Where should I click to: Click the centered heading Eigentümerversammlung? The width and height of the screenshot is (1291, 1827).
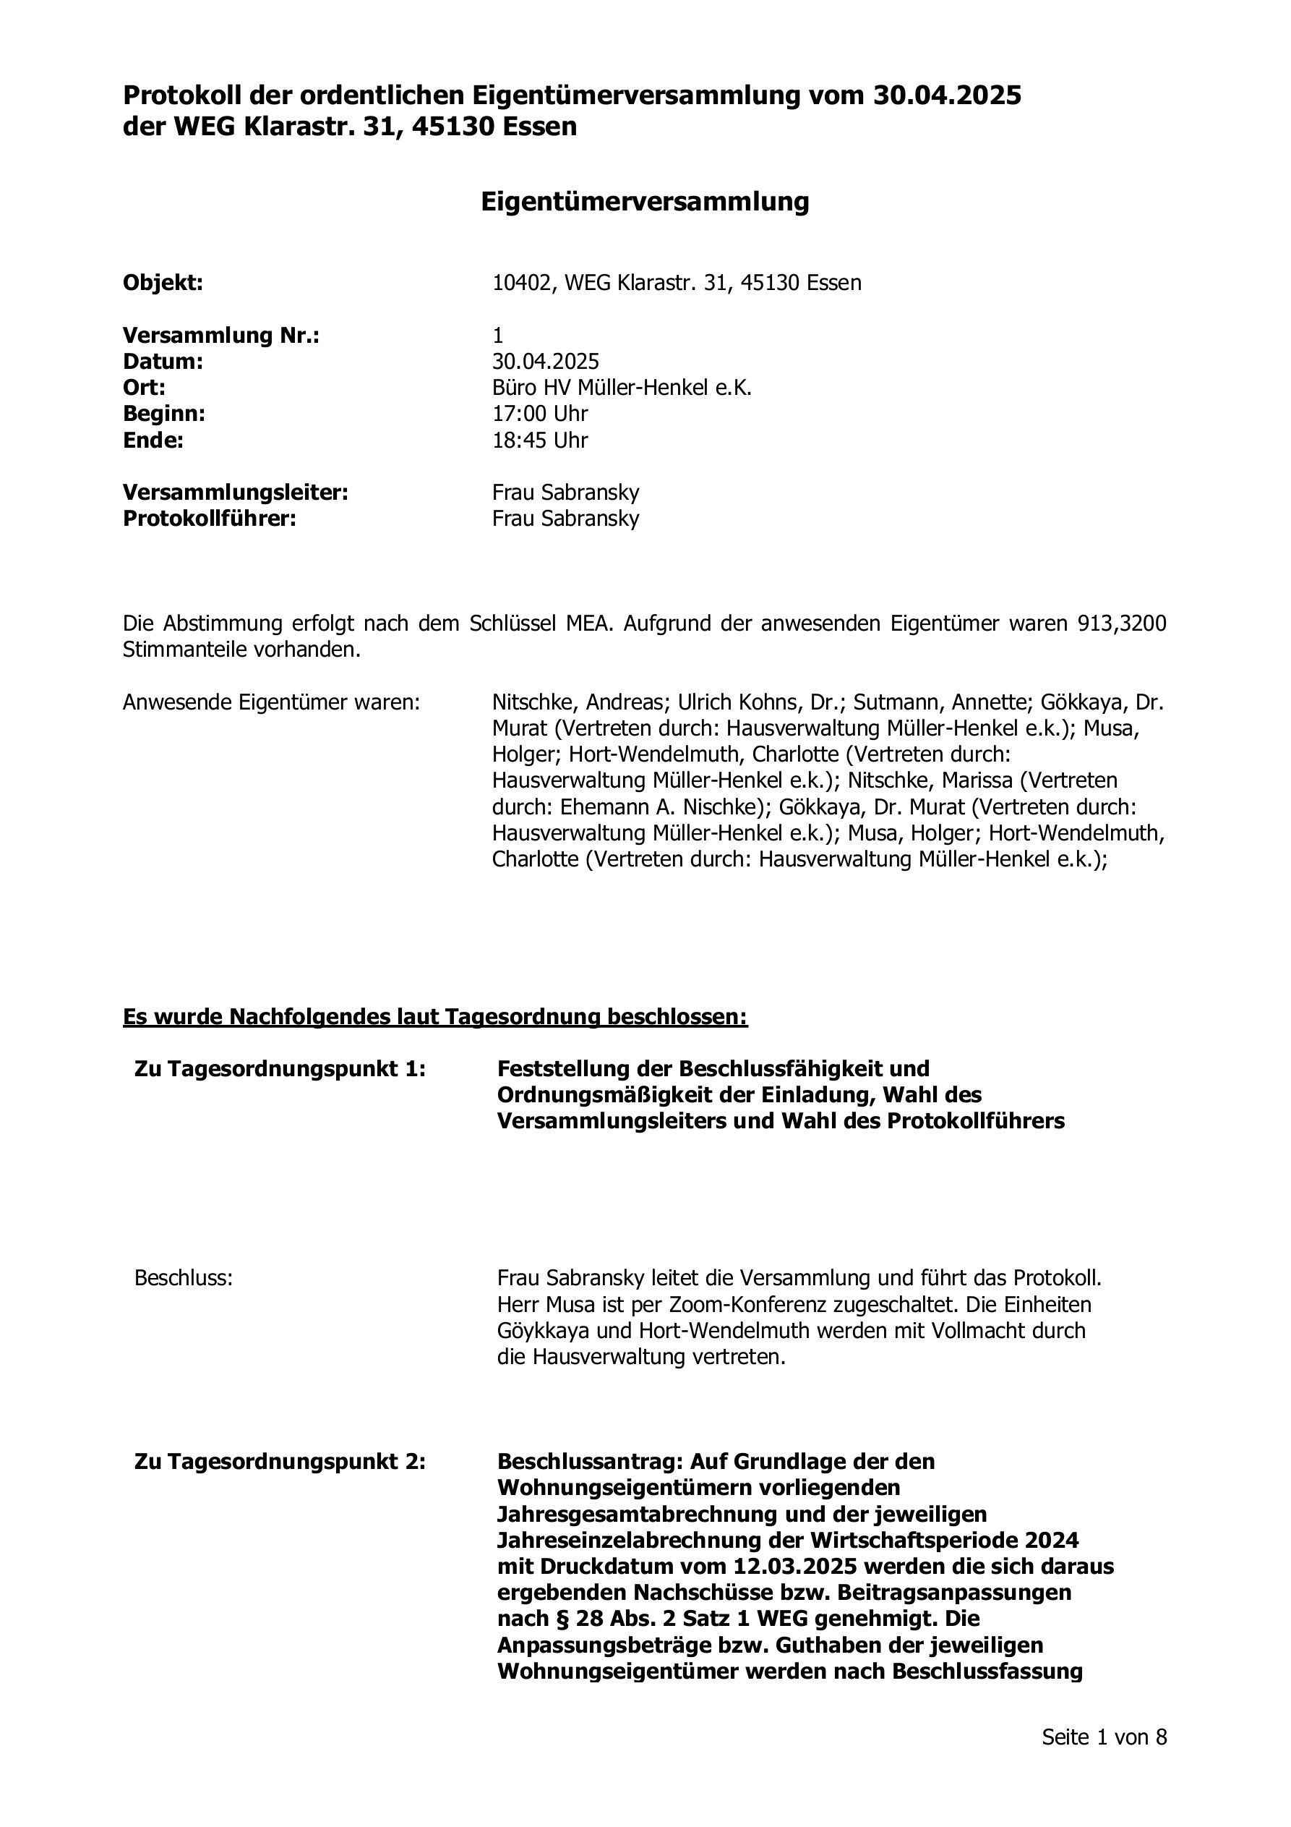tap(644, 202)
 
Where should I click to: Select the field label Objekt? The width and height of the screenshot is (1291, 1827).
tap(163, 284)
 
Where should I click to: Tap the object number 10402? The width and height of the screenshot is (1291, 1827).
tap(521, 284)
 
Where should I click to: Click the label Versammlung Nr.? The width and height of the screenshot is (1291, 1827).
tap(221, 336)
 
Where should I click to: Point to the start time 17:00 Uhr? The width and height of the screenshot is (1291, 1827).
tap(540, 414)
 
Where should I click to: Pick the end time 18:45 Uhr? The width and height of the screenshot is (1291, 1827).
tap(540, 440)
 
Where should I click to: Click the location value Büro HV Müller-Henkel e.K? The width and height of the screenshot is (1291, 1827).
tap(621, 388)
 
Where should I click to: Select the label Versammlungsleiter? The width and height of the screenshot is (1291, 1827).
tap(236, 493)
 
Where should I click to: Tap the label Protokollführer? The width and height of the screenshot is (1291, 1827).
tap(209, 519)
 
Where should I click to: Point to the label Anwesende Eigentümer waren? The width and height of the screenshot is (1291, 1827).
tap(271, 702)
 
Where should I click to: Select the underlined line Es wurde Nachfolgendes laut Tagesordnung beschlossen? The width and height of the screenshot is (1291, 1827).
tap(435, 1017)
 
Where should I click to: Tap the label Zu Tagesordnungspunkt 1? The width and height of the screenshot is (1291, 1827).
tap(280, 1069)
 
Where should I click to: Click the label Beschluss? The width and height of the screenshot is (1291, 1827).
tap(184, 1279)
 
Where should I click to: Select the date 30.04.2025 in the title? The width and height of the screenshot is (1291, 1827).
tap(947, 96)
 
